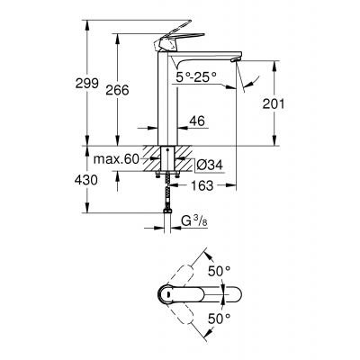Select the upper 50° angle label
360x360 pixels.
click(219, 270)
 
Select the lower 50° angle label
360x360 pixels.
click(219, 318)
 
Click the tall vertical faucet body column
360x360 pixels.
click(168, 99)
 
